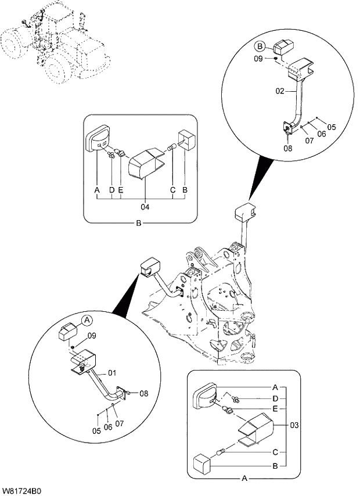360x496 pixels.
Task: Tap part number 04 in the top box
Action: click(145, 206)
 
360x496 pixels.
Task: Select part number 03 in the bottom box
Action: click(294, 426)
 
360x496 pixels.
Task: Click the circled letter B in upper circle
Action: click(261, 46)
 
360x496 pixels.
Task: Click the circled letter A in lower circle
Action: click(86, 320)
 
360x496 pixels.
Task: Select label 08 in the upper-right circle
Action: click(288, 148)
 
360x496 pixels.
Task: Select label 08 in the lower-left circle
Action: click(144, 393)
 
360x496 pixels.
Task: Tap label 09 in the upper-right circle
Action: click(260, 59)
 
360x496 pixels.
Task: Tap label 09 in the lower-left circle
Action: click(91, 336)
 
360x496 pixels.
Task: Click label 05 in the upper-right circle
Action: click(332, 127)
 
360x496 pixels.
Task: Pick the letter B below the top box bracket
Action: click(138, 222)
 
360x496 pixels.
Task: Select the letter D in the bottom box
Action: click(274, 398)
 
